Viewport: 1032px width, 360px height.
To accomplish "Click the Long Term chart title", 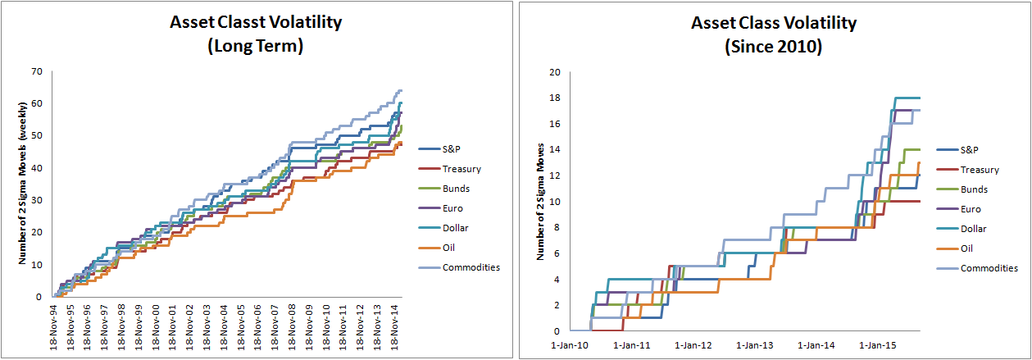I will pyautogui.click(x=255, y=34).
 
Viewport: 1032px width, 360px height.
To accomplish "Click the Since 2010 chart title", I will pyautogui.click(x=773, y=34).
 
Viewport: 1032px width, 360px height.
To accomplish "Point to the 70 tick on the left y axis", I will pyautogui.click(x=37, y=72).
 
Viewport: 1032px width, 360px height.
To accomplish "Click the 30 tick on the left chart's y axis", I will pyautogui.click(x=37, y=201).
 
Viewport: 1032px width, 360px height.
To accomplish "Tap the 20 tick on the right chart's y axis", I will pyautogui.click(x=554, y=73).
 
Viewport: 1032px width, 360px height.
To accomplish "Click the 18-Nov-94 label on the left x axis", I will pyautogui.click(x=54, y=326).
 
